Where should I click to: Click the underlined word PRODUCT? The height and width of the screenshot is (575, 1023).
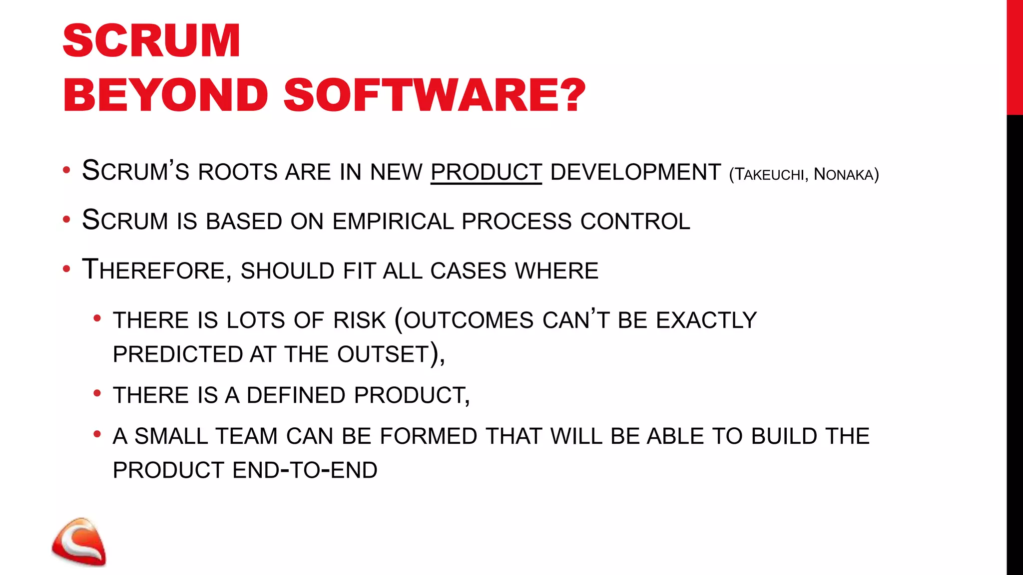pyautogui.click(x=486, y=172)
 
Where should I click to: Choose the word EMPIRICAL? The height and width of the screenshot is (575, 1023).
pyautogui.click(x=393, y=222)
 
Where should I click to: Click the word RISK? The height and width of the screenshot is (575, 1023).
pyautogui.click(x=360, y=320)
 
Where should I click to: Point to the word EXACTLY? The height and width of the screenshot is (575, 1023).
pyautogui.click(x=706, y=320)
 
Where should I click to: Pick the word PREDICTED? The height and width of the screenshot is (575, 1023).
pyautogui.click(x=177, y=354)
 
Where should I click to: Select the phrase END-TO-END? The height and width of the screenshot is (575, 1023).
pyautogui.click(x=305, y=470)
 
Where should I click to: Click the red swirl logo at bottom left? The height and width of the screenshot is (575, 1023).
pyautogui.click(x=79, y=542)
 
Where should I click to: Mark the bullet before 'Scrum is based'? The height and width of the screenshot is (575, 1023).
pyautogui.click(x=66, y=220)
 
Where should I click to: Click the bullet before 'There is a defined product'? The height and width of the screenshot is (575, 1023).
pyautogui.click(x=97, y=393)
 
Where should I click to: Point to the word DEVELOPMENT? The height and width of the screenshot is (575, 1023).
pyautogui.click(x=635, y=172)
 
